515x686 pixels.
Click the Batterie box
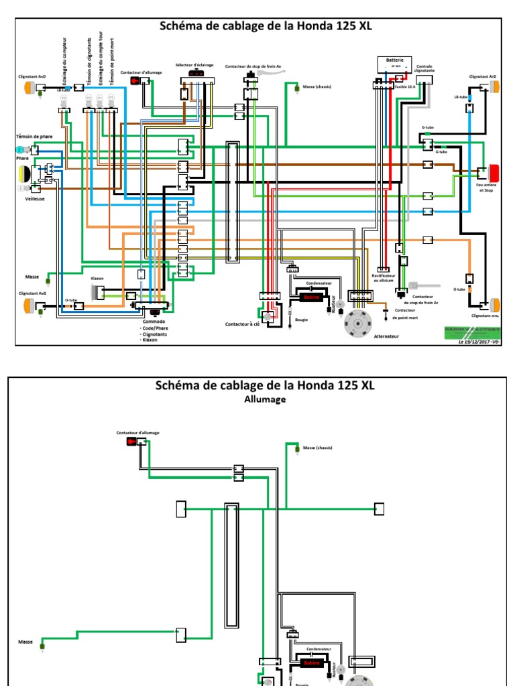[394, 62]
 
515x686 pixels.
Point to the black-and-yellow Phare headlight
[25, 174]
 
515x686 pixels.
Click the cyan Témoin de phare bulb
[21, 149]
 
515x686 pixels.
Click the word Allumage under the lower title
[265, 399]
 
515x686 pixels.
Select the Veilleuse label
[25, 199]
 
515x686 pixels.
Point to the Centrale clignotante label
[425, 68]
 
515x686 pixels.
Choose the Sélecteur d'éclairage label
[194, 65]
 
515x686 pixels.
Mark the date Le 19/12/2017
[476, 342]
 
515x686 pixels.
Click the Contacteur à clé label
[242, 324]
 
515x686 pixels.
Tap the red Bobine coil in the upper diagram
[310, 297]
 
